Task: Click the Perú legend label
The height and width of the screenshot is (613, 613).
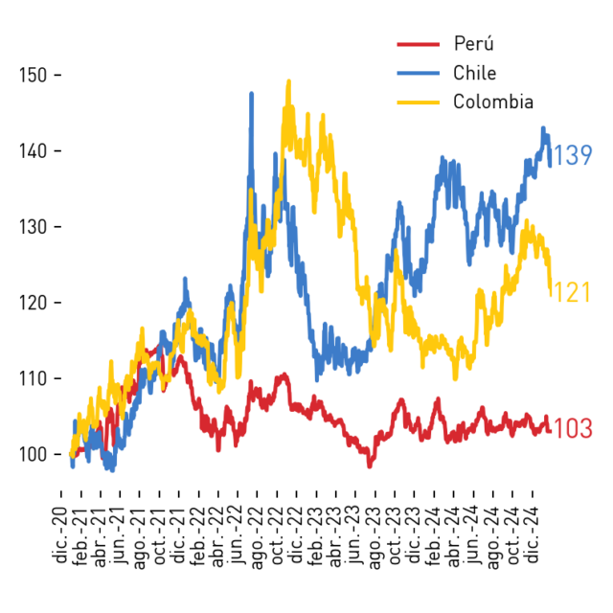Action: [474, 43]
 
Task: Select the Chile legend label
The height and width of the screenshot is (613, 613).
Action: [475, 73]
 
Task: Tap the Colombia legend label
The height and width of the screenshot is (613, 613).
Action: [493, 102]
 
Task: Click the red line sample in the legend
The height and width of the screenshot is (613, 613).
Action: [419, 44]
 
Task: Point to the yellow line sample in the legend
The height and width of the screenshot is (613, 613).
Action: [419, 102]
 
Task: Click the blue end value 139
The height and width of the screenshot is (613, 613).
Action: [573, 155]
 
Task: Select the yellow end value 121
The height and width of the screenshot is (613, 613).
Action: [573, 292]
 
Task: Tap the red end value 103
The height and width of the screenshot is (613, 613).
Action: [573, 428]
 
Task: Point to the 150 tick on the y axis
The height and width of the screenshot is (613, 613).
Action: [33, 75]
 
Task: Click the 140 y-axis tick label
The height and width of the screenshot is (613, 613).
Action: [33, 151]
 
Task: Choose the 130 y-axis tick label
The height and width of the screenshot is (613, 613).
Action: [33, 227]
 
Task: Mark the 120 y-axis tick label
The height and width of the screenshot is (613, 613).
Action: [33, 303]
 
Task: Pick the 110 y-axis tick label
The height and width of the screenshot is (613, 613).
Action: [33, 378]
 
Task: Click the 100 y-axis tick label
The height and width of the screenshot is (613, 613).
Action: [33, 454]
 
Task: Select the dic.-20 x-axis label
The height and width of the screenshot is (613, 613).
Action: [59, 535]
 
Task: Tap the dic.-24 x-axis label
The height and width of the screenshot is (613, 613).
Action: [532, 535]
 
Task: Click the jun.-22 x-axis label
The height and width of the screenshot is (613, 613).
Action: [238, 534]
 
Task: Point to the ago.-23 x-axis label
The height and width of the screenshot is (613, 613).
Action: [375, 538]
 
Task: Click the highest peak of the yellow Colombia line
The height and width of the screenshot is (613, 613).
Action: [289, 81]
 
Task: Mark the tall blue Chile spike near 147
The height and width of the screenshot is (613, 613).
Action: [251, 94]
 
